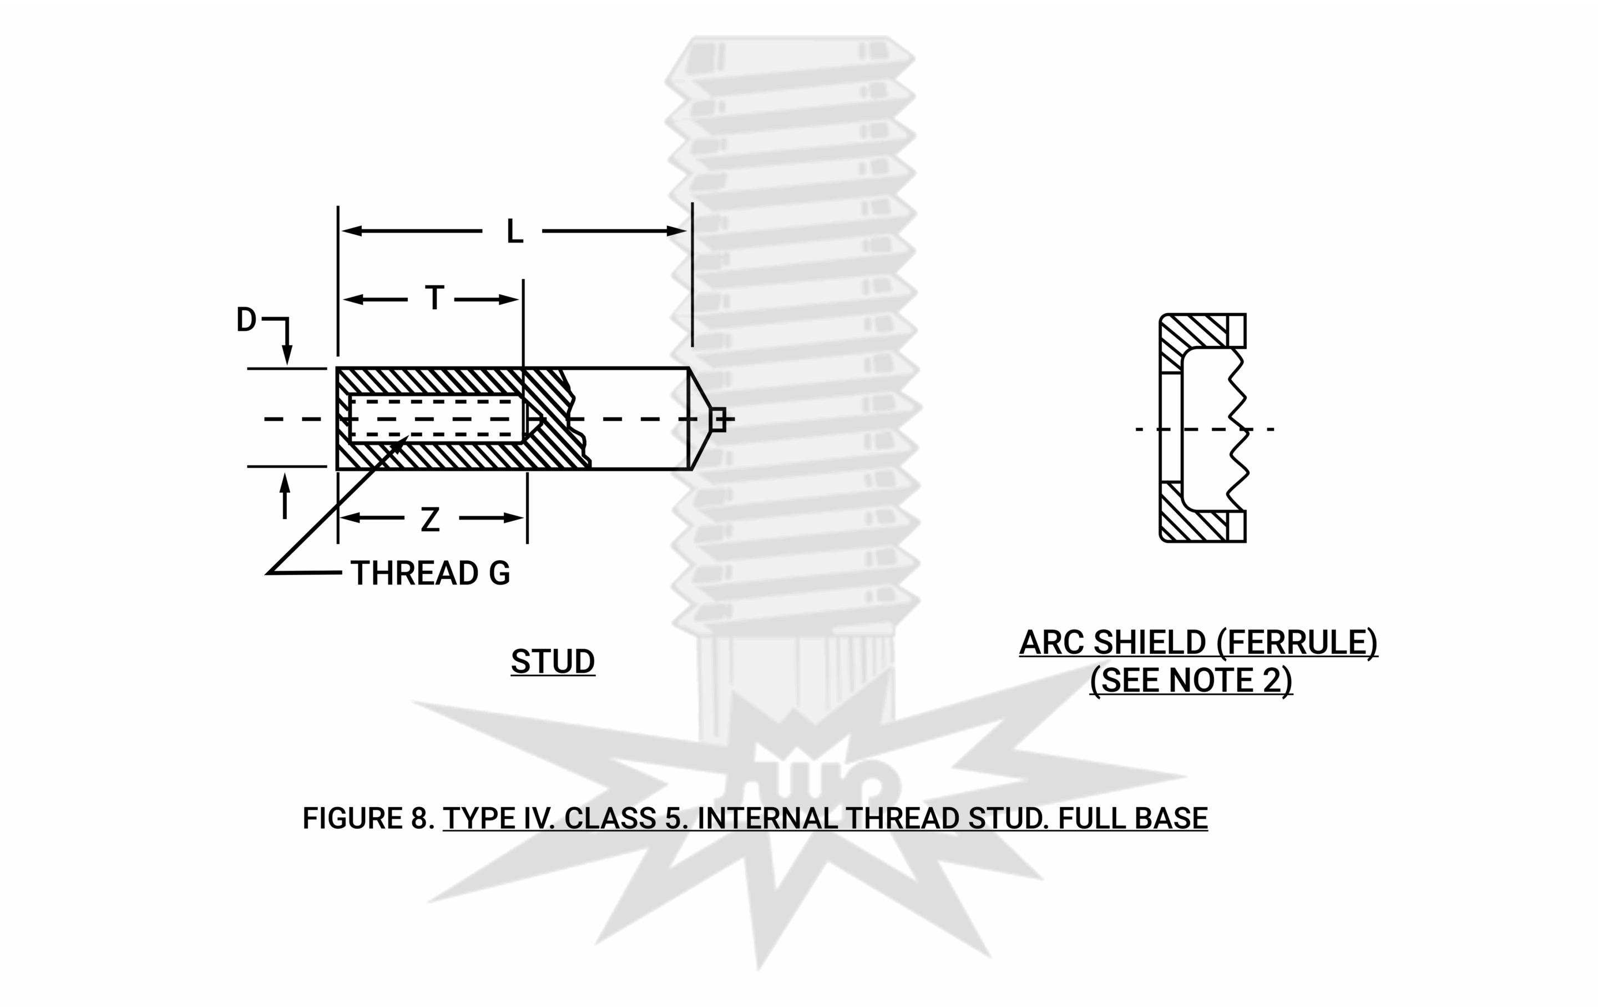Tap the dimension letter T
[434, 298]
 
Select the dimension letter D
[246, 320]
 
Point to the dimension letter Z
[430, 520]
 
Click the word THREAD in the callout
[414, 573]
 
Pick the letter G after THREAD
[499, 573]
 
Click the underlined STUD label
[553, 661]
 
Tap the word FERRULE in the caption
[1297, 643]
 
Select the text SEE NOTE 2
[1191, 681]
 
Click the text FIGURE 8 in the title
[368, 818]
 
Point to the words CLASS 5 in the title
[626, 818]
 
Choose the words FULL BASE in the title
[1132, 818]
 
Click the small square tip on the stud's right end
[717, 420]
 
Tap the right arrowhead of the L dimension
[677, 231]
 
